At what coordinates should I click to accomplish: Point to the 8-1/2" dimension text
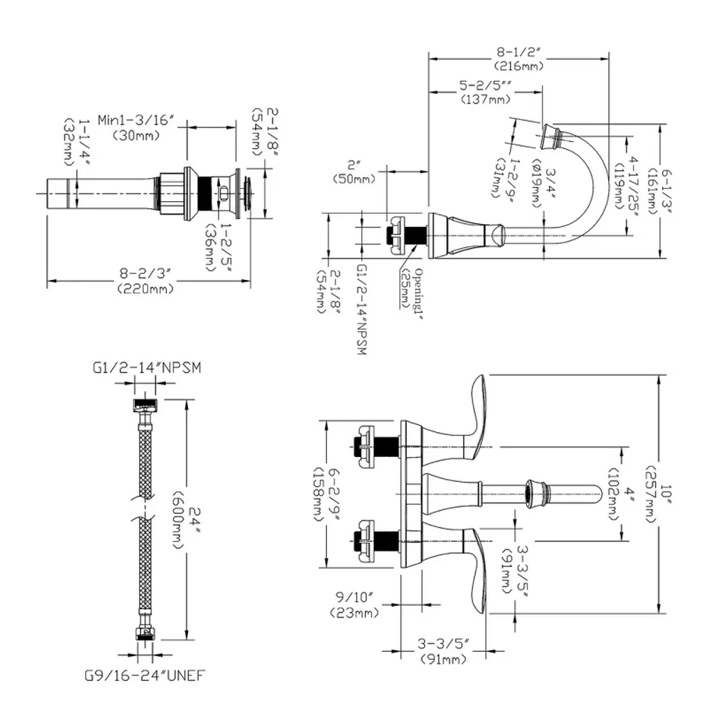(x=519, y=52)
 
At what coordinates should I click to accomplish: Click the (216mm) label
(x=519, y=66)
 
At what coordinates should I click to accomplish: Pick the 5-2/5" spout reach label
(x=490, y=86)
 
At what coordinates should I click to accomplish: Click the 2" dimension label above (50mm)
(x=355, y=165)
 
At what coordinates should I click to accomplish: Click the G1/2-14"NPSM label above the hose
(x=147, y=367)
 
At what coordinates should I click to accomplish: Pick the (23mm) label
(x=355, y=613)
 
